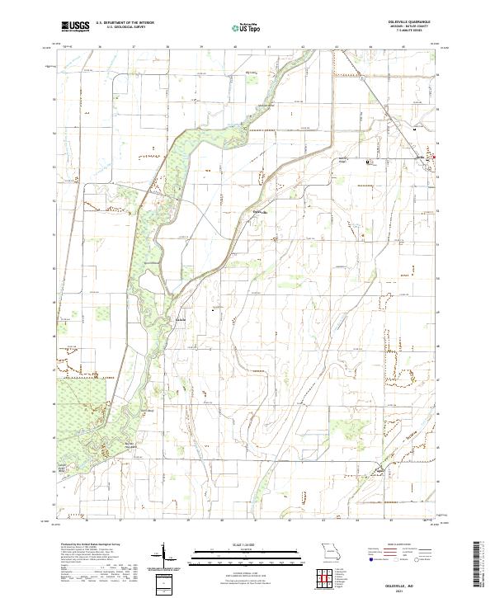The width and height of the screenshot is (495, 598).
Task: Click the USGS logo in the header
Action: [x=75, y=27]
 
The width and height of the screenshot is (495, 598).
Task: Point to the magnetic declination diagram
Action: [x=161, y=561]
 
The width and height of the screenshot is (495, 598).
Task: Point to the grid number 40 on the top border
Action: [x=235, y=47]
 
